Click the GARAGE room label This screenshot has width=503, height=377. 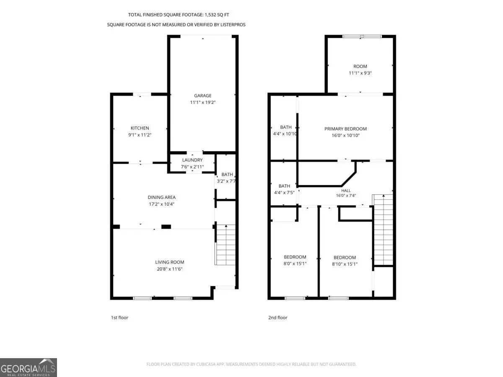point(202,96)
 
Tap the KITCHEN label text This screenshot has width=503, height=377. point(140,128)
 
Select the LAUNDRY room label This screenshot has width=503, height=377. point(192,160)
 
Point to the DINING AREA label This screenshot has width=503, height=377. point(161,197)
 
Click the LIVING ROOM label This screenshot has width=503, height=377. point(170,262)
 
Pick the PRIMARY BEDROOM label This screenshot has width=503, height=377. point(345,129)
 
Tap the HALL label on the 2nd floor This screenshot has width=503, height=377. point(346,191)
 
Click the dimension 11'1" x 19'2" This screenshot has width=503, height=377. point(203,102)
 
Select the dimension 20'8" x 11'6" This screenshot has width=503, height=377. point(170,269)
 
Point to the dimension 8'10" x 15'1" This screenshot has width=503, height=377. point(345,264)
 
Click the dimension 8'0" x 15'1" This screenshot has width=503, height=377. point(295,263)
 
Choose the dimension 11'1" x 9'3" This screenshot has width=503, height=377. point(360,73)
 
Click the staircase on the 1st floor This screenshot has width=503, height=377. point(226,245)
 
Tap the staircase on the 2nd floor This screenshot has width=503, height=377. point(383,230)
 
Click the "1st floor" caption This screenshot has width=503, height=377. point(119,318)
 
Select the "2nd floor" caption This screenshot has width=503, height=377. point(278,318)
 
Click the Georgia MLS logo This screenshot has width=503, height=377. point(29,367)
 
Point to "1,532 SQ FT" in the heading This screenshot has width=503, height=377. point(217,15)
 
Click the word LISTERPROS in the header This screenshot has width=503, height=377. point(233,25)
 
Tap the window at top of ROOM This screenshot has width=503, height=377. point(362,36)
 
